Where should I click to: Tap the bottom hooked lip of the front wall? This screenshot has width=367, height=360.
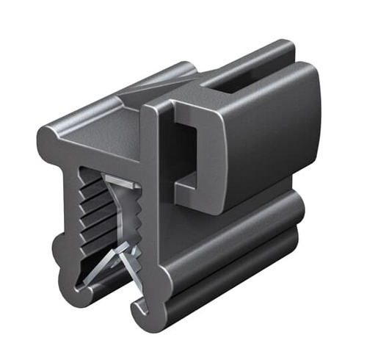tap(139, 309)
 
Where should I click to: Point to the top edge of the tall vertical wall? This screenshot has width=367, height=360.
tap(158, 103)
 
